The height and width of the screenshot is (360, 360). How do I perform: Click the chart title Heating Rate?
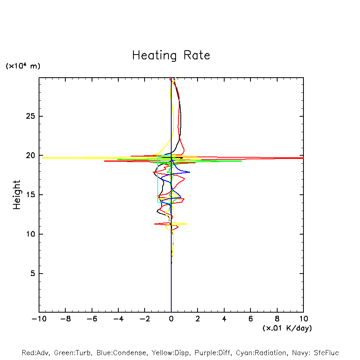[x=171, y=55]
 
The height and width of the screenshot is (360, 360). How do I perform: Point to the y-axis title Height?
[x=17, y=195]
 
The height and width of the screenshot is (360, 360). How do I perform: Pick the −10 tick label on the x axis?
[x=39, y=319]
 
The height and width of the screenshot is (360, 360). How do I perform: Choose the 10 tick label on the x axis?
[x=303, y=319]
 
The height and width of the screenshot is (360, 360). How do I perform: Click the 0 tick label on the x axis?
[x=171, y=319]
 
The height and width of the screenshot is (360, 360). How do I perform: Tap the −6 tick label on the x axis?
[x=92, y=319]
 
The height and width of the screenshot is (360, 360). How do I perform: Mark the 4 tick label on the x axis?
[x=224, y=319]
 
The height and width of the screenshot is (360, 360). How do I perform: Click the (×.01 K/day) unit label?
[x=287, y=328]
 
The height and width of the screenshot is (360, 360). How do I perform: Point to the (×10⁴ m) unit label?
[x=23, y=66]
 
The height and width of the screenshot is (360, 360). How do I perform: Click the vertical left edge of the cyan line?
[x=158, y=179]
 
